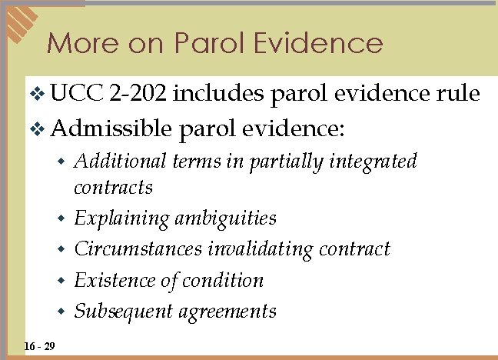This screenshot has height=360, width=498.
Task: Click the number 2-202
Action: (x=138, y=94)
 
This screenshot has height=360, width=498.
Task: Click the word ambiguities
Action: (x=225, y=219)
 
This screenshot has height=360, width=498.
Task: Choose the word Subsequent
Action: (x=123, y=312)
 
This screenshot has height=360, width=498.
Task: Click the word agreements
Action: (x=227, y=312)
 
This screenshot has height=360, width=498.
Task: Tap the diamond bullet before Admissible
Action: (x=36, y=127)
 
